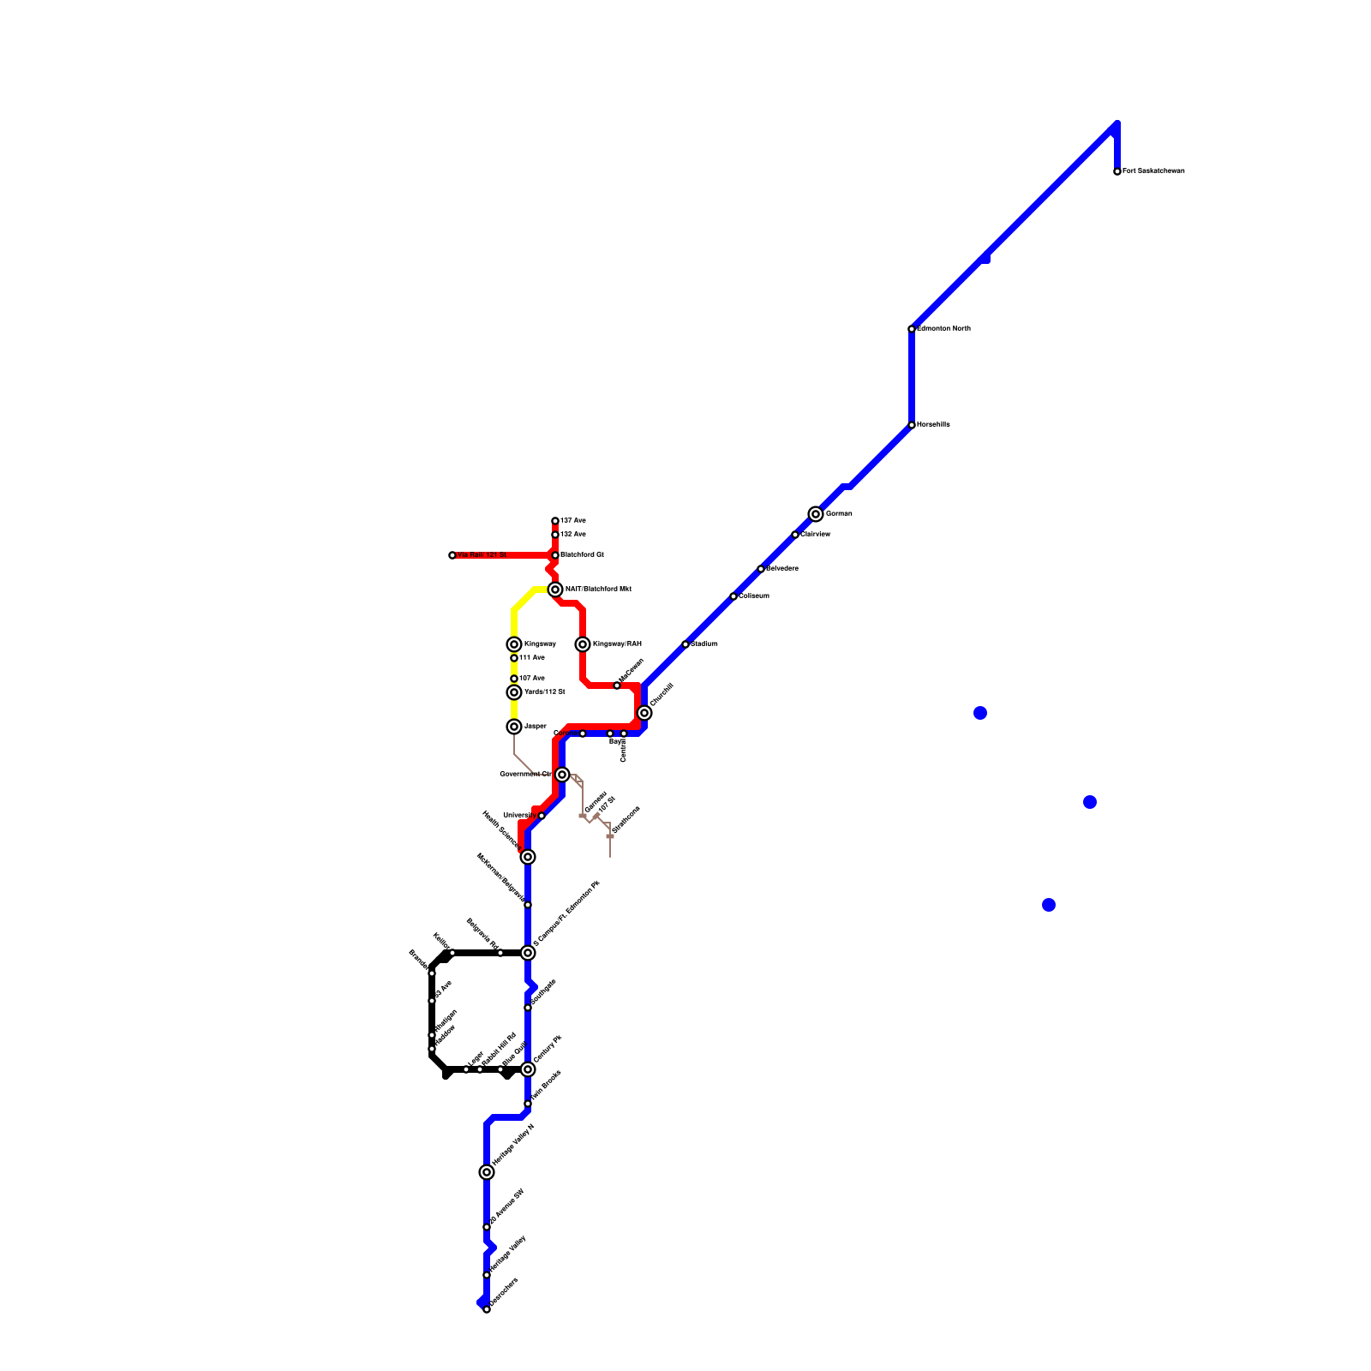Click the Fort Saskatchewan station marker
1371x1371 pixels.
point(1117,171)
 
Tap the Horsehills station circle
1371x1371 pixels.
point(912,425)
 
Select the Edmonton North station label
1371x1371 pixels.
point(943,329)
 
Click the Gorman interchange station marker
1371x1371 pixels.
point(816,514)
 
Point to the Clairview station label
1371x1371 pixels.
point(815,535)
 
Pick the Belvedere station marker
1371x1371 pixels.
point(761,569)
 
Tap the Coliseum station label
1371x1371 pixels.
point(754,596)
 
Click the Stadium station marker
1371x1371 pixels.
point(685,644)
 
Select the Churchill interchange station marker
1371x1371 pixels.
point(644,713)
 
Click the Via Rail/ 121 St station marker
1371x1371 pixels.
point(452,555)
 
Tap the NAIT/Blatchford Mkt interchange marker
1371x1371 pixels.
point(555,590)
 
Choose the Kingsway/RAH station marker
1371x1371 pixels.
point(583,644)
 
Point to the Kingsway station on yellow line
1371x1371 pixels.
point(514,644)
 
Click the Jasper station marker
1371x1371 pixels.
point(514,727)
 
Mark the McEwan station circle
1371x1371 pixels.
point(617,685)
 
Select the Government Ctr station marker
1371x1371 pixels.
point(562,775)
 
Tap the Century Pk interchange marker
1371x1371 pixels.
point(528,1069)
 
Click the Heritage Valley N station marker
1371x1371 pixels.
point(487,1172)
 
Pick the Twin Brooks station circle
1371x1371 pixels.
point(528,1104)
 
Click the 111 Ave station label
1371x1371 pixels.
point(532,658)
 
